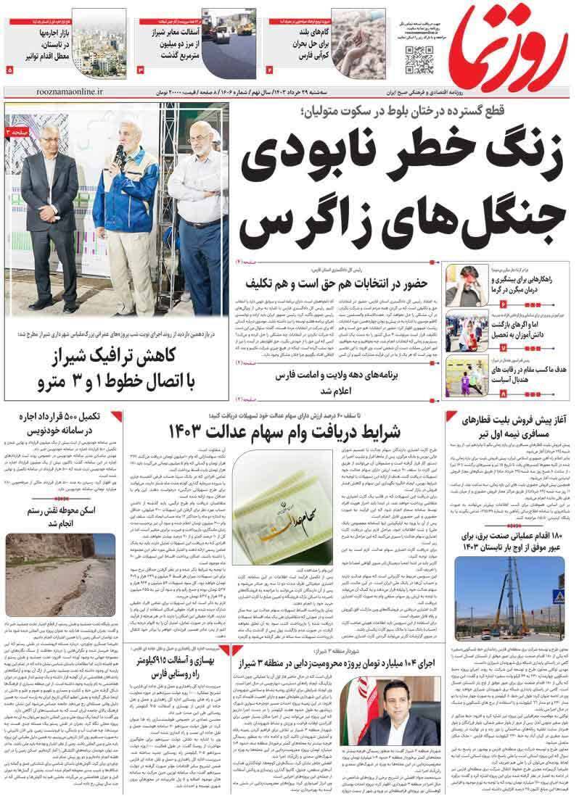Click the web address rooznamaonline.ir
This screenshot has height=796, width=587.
(x=68, y=94)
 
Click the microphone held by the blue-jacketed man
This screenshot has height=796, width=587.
(x=120, y=154)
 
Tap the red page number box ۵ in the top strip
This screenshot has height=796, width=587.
(x=9, y=70)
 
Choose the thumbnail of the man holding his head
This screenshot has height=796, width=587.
(x=461, y=284)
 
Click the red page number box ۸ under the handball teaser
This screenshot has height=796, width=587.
(x=502, y=392)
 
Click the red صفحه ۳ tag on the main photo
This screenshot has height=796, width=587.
(x=17, y=133)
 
